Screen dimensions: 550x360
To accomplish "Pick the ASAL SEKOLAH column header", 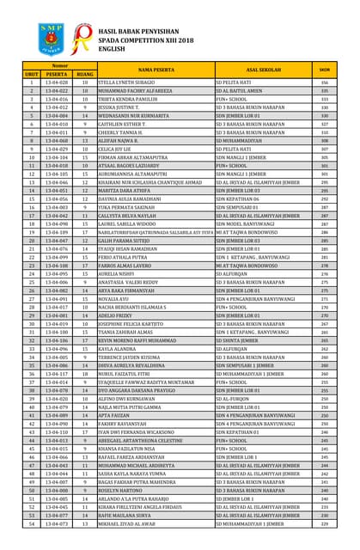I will coord(263,70).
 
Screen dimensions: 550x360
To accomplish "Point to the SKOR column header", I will coord(325,69).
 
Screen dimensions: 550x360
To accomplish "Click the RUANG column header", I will coord(85,75).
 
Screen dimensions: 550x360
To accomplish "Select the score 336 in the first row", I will coord(325,82).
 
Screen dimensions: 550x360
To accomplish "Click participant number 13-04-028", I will coord(57,82).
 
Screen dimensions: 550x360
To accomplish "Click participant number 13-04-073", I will coord(57,522).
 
